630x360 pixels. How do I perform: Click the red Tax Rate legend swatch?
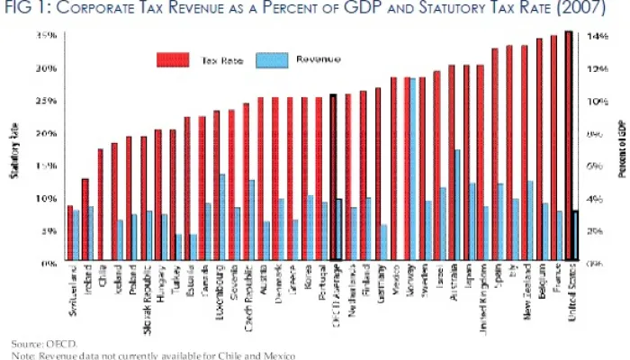(174, 59)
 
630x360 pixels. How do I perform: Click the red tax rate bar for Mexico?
(392, 170)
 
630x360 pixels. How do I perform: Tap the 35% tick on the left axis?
(47, 36)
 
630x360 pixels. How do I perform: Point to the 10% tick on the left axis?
(47, 198)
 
